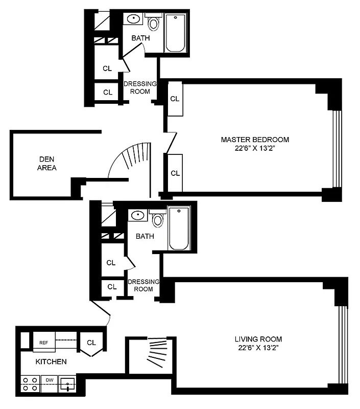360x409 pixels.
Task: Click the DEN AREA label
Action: pyautogui.click(x=47, y=163)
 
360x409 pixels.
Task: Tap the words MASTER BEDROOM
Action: pyautogui.click(x=255, y=140)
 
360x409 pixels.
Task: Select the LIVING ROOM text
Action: pyautogui.click(x=258, y=339)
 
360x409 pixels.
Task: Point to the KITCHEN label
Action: pyautogui.click(x=51, y=361)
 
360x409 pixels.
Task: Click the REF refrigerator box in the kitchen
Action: pyautogui.click(x=44, y=343)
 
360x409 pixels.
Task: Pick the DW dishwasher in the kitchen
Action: pyautogui.click(x=50, y=380)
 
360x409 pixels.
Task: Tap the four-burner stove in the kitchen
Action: pyautogui.click(x=30, y=384)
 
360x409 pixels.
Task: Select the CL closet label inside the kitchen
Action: pyautogui.click(x=91, y=343)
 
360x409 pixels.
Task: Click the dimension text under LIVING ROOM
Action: pyautogui.click(x=258, y=348)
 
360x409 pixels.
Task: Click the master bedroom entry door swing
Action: pyautogui.click(x=171, y=143)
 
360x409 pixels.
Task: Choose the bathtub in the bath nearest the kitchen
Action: pyautogui.click(x=179, y=229)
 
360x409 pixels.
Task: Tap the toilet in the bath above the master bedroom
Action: pyautogui.click(x=153, y=23)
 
